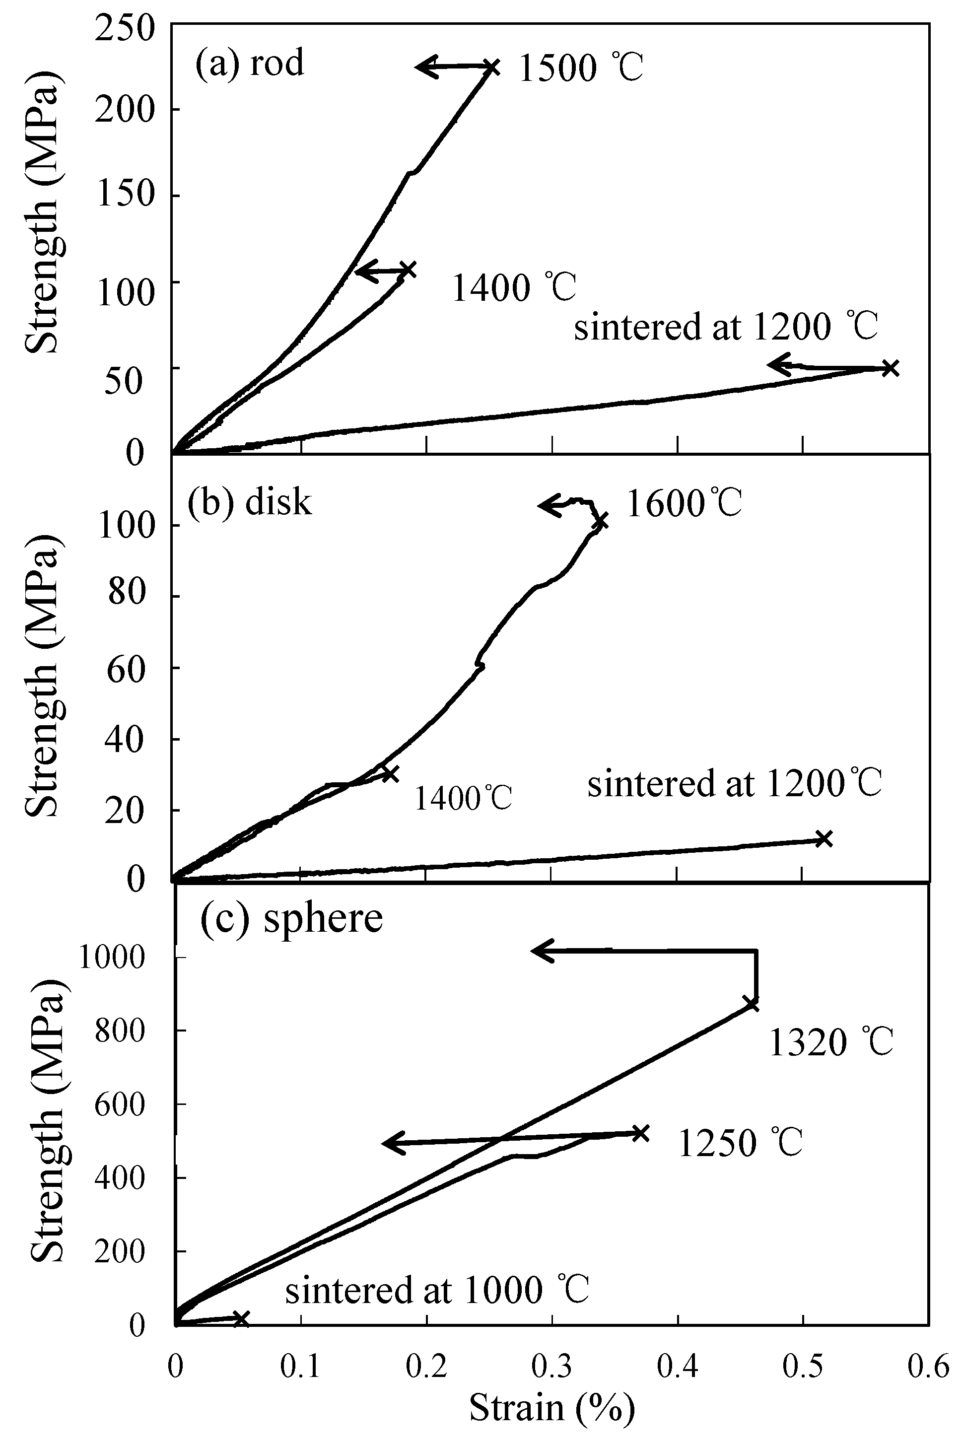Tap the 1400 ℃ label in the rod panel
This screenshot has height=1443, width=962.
point(514,287)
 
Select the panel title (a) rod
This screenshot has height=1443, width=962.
point(250,63)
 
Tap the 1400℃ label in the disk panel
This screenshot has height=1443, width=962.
point(463,798)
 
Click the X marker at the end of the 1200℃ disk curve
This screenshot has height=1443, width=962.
point(824,839)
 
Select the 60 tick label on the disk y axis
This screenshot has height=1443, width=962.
point(126,668)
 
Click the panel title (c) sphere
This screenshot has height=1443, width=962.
point(291,918)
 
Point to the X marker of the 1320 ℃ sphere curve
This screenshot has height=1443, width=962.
point(752,1004)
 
